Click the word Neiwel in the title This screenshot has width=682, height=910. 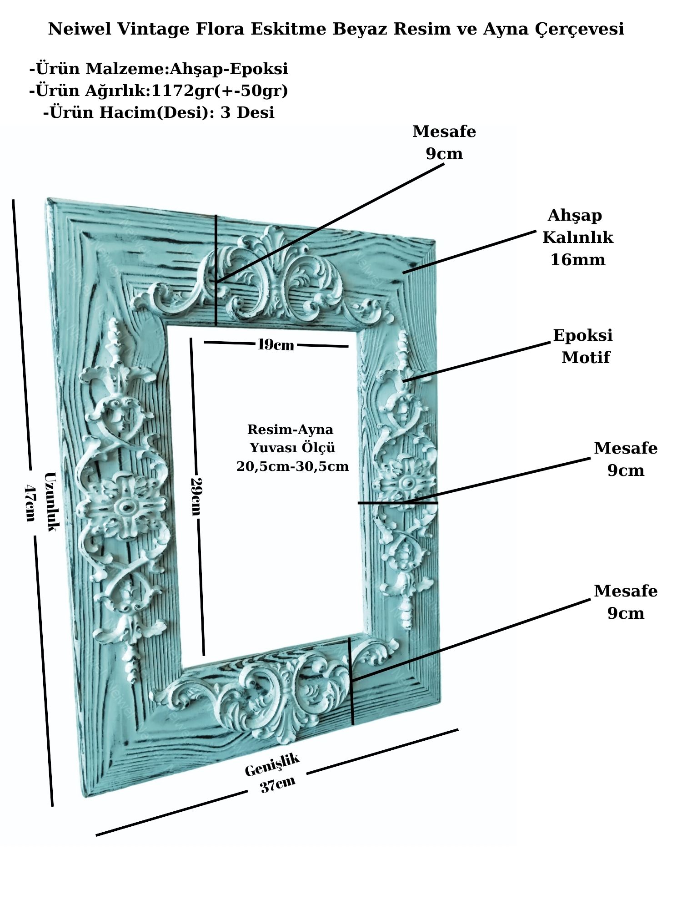(80, 29)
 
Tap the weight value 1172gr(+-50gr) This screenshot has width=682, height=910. (220, 91)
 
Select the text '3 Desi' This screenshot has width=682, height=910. (247, 112)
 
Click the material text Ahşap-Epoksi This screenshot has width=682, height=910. (229, 69)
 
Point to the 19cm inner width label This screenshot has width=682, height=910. (276, 344)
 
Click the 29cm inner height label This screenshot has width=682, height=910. (196, 496)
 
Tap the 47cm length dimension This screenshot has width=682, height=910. (30, 502)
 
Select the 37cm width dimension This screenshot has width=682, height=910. (278, 784)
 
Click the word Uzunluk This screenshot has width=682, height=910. (51, 501)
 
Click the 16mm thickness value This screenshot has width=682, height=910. (578, 260)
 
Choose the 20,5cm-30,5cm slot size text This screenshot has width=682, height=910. (292, 466)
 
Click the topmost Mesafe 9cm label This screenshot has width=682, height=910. (444, 142)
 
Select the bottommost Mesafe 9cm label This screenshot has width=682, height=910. (626, 602)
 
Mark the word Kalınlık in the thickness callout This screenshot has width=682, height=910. (577, 238)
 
